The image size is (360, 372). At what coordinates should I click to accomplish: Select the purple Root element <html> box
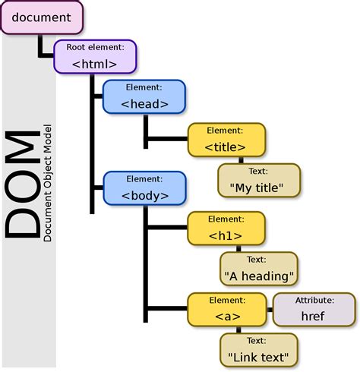pos(94,57)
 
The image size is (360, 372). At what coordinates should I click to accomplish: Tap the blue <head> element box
pos(144,97)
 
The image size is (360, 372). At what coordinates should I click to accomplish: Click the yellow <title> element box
pos(226,140)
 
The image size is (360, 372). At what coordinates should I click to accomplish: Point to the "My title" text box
pos(256,181)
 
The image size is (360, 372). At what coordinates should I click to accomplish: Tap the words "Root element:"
pos(94,47)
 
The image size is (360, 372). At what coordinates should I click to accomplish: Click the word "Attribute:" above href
pos(313,301)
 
